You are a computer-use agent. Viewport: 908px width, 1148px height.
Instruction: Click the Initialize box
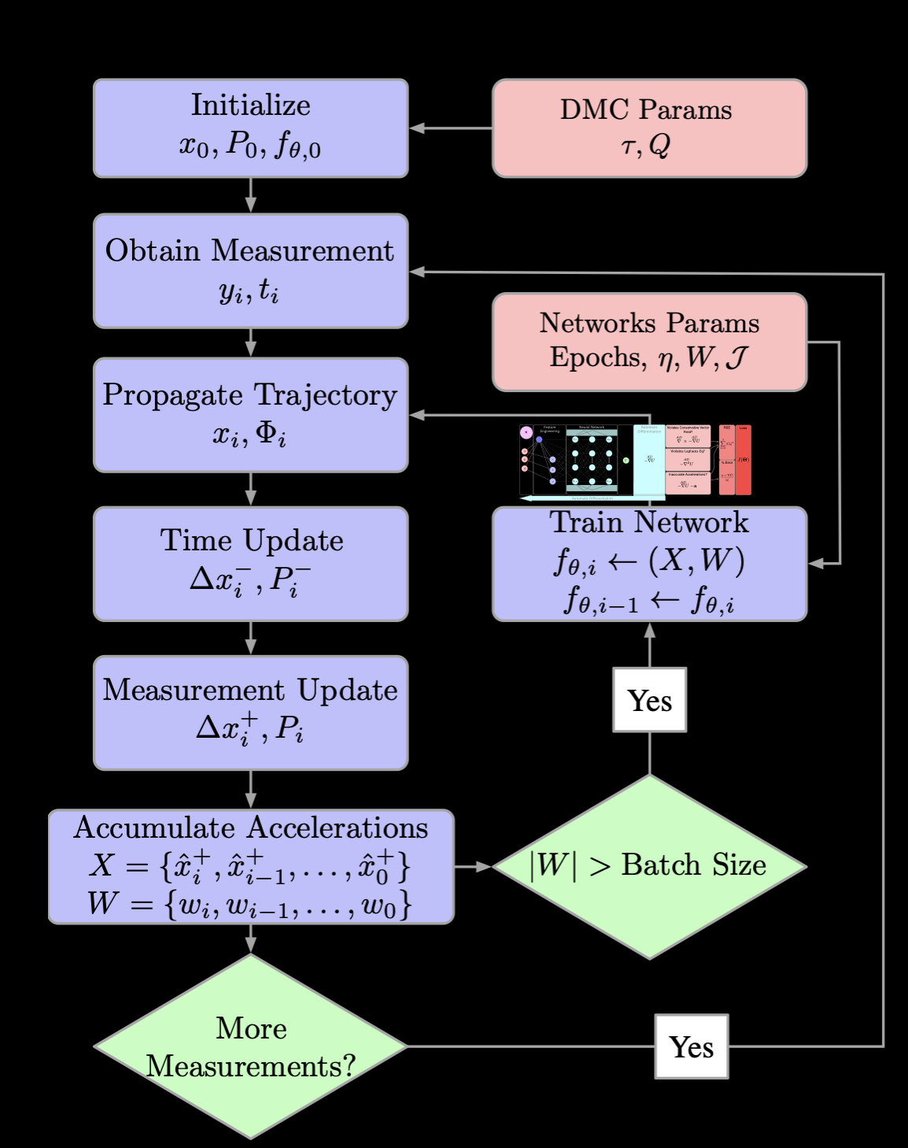(250, 128)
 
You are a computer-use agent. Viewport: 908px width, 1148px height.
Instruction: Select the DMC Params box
(649, 128)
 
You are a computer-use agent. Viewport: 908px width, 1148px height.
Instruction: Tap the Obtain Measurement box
(250, 271)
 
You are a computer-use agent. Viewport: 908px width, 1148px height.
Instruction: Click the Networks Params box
(649, 342)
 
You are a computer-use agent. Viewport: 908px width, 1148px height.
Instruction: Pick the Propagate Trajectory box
(250, 415)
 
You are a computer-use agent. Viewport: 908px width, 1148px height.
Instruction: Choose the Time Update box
(250, 564)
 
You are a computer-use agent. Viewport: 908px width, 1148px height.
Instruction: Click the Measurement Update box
(250, 713)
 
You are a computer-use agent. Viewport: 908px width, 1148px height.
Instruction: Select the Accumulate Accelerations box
(250, 866)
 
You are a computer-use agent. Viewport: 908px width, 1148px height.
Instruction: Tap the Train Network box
(649, 564)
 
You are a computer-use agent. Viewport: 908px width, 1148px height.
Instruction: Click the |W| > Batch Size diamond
(649, 866)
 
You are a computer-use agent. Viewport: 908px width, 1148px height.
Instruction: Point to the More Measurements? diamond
(250, 1046)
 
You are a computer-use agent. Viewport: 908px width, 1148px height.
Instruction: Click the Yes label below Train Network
(649, 700)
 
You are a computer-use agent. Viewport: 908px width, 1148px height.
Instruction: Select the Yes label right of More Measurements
(691, 1046)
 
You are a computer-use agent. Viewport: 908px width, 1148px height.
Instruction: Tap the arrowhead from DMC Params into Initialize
(418, 128)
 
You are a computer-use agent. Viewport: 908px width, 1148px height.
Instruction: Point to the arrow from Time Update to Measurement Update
(250, 639)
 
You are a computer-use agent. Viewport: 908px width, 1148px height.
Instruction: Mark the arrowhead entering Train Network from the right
(816, 564)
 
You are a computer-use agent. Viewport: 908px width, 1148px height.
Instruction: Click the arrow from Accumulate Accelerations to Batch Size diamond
(473, 866)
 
